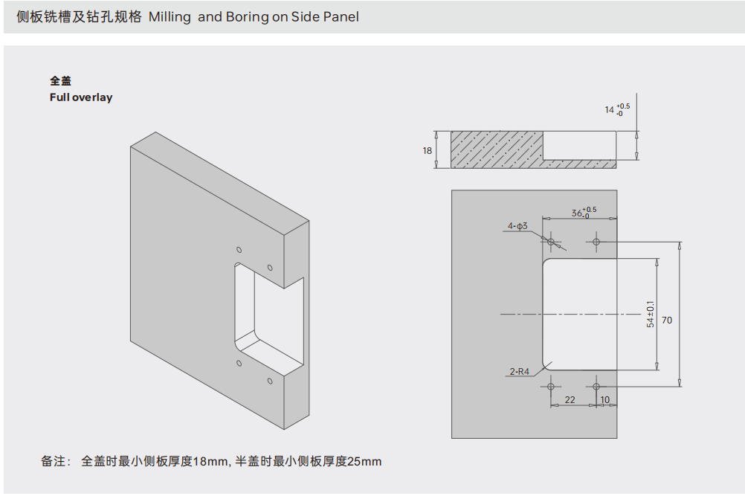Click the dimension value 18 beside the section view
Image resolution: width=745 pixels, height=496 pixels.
tap(428, 150)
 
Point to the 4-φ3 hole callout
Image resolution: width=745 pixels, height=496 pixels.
tap(517, 225)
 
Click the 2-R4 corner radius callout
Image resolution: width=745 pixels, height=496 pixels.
tap(519, 371)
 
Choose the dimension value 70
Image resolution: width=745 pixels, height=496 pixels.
tap(667, 320)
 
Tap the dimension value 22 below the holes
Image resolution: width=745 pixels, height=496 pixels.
tap(570, 399)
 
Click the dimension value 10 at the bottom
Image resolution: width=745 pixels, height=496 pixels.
tap(604, 399)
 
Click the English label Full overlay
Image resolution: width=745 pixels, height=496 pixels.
tap(81, 97)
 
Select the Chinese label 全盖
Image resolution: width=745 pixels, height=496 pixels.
tap(60, 81)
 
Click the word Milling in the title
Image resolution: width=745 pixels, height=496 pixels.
tap(170, 16)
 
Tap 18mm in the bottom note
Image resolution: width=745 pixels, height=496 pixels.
tap(210, 462)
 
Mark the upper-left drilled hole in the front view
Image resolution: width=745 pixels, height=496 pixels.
tap(551, 241)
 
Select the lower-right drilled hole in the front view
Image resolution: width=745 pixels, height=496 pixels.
tap(596, 387)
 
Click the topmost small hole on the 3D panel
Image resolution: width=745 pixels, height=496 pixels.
tap(239, 250)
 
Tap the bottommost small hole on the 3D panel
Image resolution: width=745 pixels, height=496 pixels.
tap(270, 382)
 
